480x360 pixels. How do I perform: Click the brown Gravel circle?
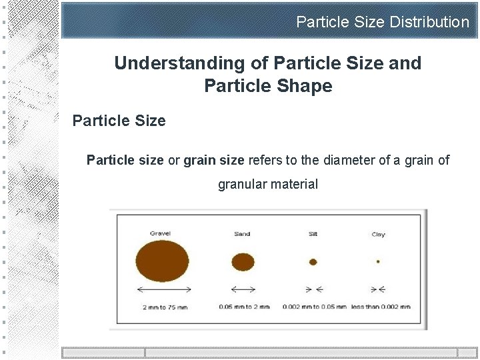[x=162, y=261]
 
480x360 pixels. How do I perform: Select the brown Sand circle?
[x=243, y=262]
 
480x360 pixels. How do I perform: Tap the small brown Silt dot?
[x=313, y=262]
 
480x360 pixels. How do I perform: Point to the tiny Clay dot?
[x=378, y=262]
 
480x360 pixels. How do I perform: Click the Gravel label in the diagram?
[x=160, y=233]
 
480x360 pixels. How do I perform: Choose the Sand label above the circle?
[x=242, y=234]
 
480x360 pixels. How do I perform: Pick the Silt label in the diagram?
[x=313, y=234]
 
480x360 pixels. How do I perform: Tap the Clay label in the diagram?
[x=378, y=234]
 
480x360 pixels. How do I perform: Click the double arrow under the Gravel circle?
[x=164, y=289]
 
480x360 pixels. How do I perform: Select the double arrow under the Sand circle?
[x=243, y=289]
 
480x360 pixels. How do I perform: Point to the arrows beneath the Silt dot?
[x=313, y=289]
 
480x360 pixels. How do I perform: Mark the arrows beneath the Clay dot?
[x=378, y=289]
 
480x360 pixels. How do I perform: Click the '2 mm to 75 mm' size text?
[x=165, y=307]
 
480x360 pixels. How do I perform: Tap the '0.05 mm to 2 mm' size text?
[x=244, y=307]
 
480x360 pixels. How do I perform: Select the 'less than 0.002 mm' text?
[x=380, y=307]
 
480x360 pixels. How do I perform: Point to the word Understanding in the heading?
[x=170, y=63]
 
